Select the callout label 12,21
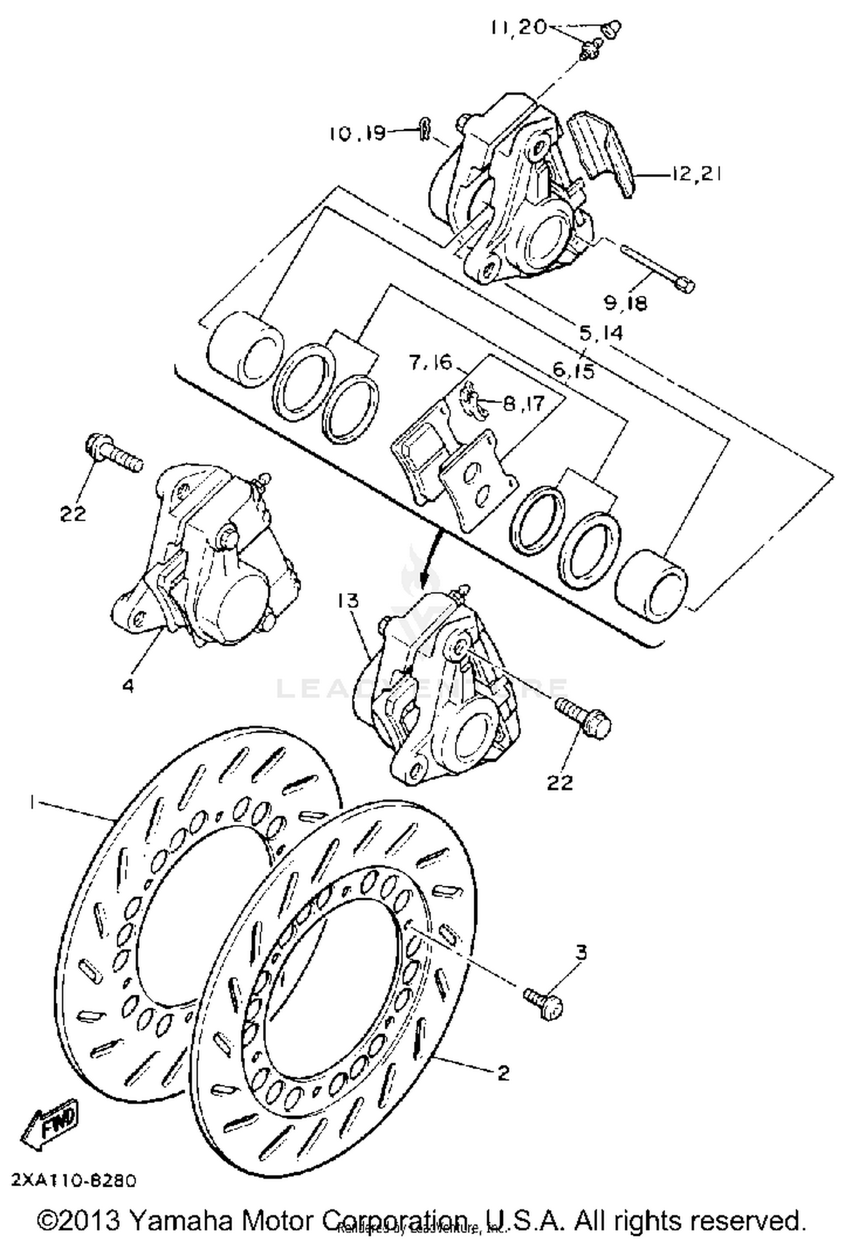coord(696,174)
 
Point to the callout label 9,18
coord(626,303)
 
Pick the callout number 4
coord(128,686)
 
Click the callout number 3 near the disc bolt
coord(581,952)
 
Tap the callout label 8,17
coord(524,403)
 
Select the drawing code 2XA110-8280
coord(74,1181)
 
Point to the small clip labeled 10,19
coord(425,129)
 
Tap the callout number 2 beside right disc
coord(503,1072)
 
